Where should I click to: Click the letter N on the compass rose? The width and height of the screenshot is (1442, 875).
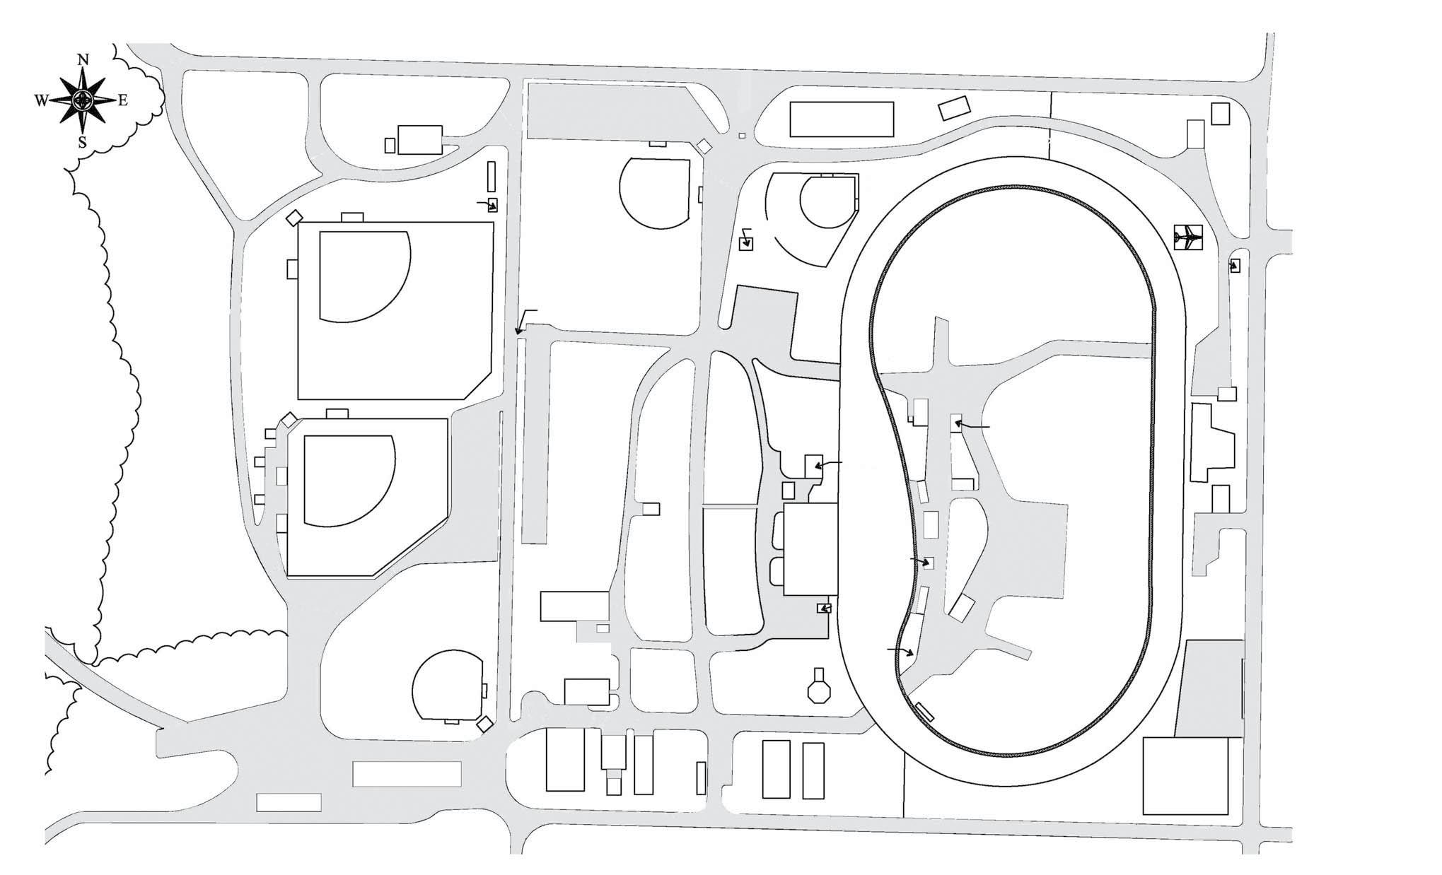[83, 60]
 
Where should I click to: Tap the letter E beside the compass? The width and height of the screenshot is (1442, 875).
[122, 100]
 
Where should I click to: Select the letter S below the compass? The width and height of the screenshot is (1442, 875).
[82, 143]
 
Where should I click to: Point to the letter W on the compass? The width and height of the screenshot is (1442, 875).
[41, 101]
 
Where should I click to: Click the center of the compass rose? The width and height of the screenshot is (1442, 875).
[83, 101]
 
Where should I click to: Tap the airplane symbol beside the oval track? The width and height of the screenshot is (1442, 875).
[1187, 237]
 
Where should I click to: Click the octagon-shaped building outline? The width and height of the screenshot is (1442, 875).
[820, 691]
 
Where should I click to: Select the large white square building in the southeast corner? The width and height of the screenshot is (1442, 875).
[1185, 775]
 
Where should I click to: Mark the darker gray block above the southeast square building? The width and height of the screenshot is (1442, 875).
[1210, 688]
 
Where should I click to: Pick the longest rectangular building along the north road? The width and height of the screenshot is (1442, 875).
[842, 119]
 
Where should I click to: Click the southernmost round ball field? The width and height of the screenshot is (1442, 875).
[448, 686]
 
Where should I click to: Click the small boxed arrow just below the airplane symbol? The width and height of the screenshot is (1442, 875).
[1235, 266]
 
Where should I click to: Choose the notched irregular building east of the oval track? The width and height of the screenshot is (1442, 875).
[1212, 442]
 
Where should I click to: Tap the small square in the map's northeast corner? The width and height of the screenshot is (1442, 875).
[1220, 113]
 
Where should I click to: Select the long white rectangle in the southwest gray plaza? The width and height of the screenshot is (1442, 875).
[407, 774]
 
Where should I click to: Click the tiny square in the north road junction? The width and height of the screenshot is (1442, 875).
[741, 135]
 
